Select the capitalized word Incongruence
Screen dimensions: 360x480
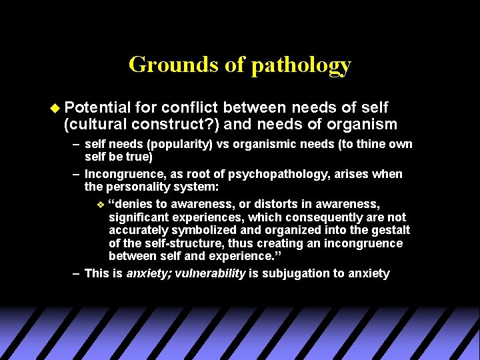[x=124, y=174]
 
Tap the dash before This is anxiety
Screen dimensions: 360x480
[x=77, y=273]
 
